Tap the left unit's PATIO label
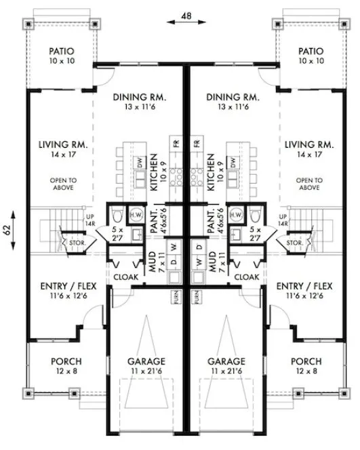click(x=61, y=51)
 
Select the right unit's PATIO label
click(x=311, y=51)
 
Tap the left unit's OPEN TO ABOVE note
click(x=61, y=185)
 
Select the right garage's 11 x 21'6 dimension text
click(x=226, y=373)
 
